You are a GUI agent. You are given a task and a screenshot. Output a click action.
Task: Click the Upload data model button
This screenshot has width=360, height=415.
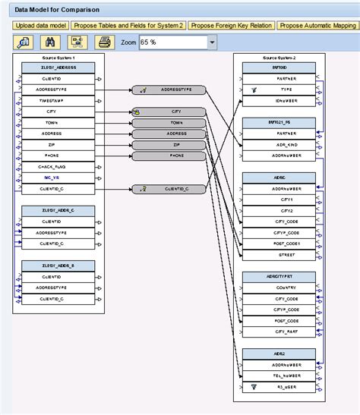pos(40,25)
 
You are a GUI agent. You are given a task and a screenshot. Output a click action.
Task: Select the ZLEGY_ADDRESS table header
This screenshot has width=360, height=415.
pos(58,68)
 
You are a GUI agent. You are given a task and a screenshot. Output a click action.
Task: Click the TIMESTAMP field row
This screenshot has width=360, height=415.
pos(58,100)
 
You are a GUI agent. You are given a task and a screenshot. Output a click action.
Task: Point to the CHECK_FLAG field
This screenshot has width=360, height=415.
pos(58,166)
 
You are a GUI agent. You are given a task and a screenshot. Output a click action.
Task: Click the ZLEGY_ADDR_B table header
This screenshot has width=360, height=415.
pos(58,266)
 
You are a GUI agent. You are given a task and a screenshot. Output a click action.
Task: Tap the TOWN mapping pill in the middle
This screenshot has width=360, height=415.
pos(176,122)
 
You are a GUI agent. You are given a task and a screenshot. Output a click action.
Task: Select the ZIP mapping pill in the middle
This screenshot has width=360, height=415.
pos(176,144)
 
